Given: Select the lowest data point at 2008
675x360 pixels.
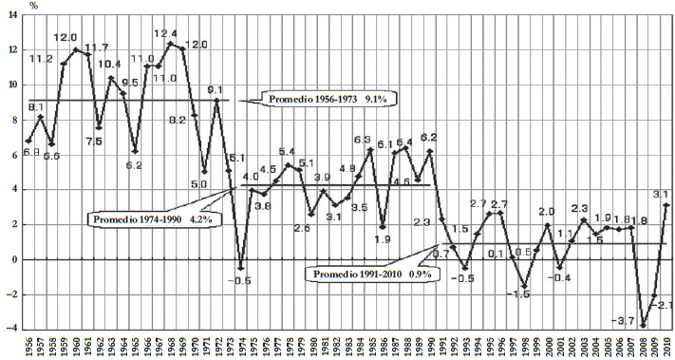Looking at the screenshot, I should [x=642, y=325].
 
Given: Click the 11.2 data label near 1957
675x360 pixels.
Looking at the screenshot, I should [x=40, y=59].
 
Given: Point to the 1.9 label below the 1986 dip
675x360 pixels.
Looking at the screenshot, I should [x=384, y=239].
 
